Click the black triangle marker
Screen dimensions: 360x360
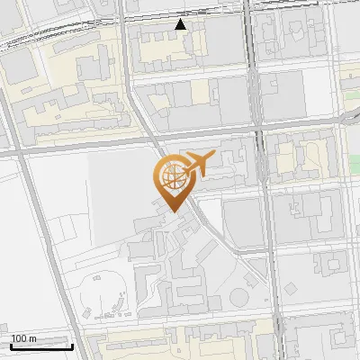point(181,24)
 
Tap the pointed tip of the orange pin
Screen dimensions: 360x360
point(171,210)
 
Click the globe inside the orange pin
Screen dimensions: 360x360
point(171,177)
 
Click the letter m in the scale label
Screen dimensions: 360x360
point(33,338)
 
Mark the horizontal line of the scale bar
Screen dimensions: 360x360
point(40,346)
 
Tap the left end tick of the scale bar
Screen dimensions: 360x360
point(11,345)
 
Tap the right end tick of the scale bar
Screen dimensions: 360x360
point(71,345)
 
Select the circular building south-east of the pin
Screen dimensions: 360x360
point(240,298)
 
